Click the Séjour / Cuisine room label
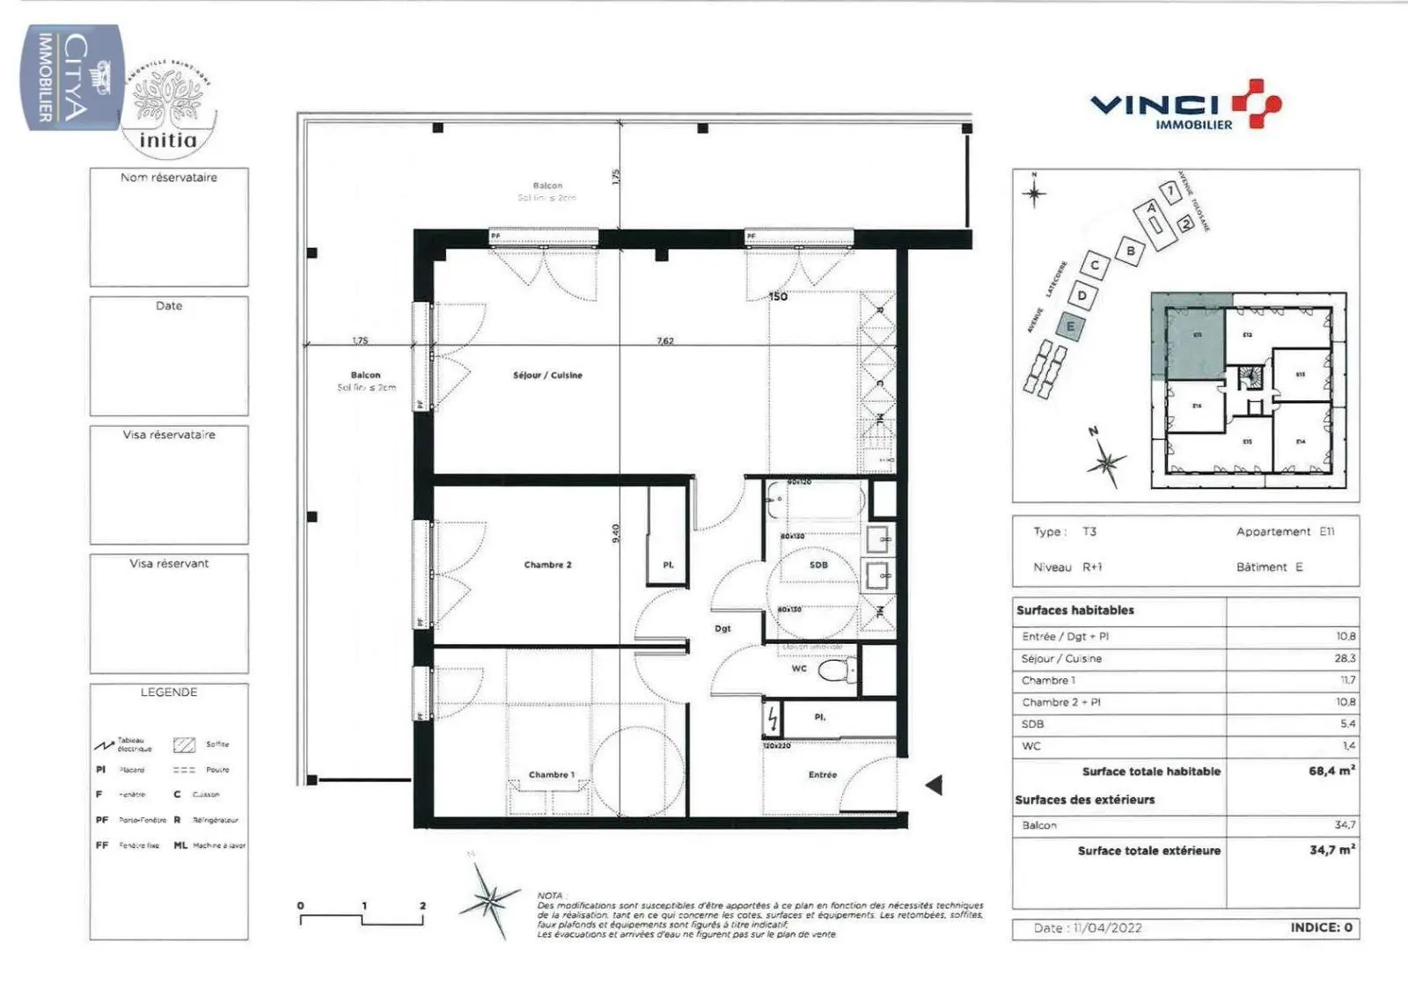(547, 376)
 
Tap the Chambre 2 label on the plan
(547, 565)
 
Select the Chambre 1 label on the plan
(551, 775)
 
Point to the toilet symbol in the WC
(832, 672)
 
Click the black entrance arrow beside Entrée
(935, 785)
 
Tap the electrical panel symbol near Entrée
(773, 721)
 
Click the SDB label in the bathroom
(818, 565)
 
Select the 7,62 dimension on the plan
(665, 341)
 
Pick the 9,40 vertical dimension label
(616, 533)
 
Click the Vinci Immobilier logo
(1185, 106)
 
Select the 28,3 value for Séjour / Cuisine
(1345, 658)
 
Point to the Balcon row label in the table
(1039, 825)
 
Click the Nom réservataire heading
(169, 178)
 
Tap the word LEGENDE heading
(169, 692)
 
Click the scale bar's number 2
(422, 905)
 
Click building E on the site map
(1071, 326)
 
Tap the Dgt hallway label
(722, 628)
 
